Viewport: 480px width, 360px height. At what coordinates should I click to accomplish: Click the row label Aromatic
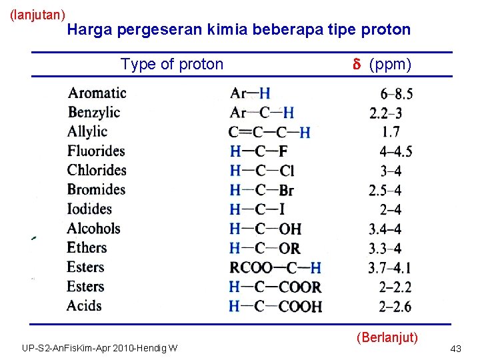click(97, 93)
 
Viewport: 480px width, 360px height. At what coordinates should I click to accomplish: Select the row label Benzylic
click(94, 112)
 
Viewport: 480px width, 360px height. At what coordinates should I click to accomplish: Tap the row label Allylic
click(87, 131)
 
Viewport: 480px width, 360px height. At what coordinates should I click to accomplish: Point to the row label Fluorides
click(96, 151)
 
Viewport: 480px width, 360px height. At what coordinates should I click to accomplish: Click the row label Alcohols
click(94, 229)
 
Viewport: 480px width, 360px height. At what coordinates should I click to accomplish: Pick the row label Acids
click(85, 306)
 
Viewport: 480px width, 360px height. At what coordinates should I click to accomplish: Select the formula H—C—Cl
click(261, 171)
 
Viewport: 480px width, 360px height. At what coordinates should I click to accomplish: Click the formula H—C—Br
click(261, 190)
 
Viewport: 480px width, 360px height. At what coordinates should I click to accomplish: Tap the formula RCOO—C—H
click(275, 268)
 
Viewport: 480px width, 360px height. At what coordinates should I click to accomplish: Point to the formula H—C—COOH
click(275, 307)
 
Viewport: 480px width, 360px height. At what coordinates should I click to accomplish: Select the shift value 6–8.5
click(396, 93)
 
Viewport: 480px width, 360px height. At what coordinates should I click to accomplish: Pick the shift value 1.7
click(391, 132)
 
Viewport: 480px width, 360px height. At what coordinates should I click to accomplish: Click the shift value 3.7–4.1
click(389, 268)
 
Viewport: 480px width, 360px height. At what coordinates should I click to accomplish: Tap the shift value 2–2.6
click(395, 307)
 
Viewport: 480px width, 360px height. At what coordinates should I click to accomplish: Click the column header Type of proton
click(172, 64)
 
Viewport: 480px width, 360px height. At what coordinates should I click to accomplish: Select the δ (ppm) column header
click(382, 64)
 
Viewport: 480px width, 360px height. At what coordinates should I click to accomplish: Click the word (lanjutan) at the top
click(38, 14)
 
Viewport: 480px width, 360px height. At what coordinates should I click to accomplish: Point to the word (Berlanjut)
click(387, 336)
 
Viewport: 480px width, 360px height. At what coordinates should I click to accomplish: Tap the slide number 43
click(456, 349)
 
